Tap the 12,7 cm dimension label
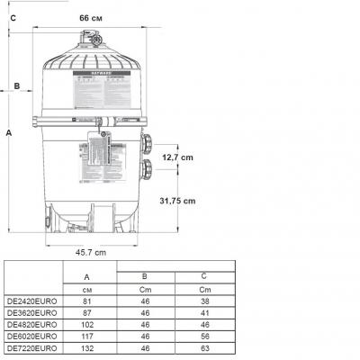click(x=177, y=157)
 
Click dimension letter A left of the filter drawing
click(x=9, y=132)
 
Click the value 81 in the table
click(x=86, y=301)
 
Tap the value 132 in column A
click(x=86, y=346)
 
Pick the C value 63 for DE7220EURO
click(x=204, y=346)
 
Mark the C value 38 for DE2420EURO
click(x=204, y=301)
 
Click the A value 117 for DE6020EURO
click(x=86, y=335)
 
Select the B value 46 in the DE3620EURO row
click(x=146, y=312)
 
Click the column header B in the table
click(x=146, y=277)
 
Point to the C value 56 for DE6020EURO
click(x=204, y=335)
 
